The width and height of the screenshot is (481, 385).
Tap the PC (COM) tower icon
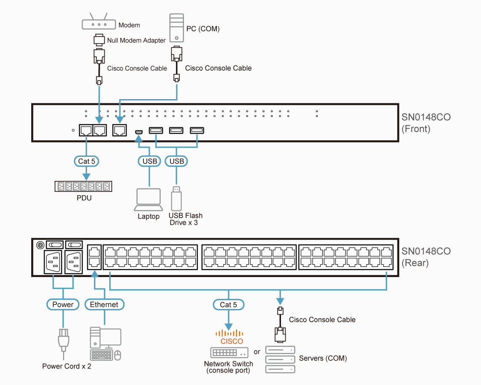coord(176,28)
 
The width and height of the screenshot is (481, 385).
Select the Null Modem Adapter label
coord(136,40)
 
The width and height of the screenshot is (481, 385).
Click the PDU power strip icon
coord(84,186)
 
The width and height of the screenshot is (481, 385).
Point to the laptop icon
coord(149,199)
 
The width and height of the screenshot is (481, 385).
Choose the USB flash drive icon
coord(177,199)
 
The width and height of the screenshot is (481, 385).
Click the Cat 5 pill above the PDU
coord(86,161)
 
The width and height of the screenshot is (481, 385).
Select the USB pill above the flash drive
coord(176,161)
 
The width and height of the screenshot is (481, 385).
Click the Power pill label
coord(63,304)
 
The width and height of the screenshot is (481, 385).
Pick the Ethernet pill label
coord(104,304)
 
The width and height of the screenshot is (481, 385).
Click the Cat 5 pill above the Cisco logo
coord(228,304)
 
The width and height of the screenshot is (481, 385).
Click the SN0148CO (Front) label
coord(426,122)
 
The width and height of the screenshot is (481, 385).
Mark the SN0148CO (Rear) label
coord(426,257)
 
